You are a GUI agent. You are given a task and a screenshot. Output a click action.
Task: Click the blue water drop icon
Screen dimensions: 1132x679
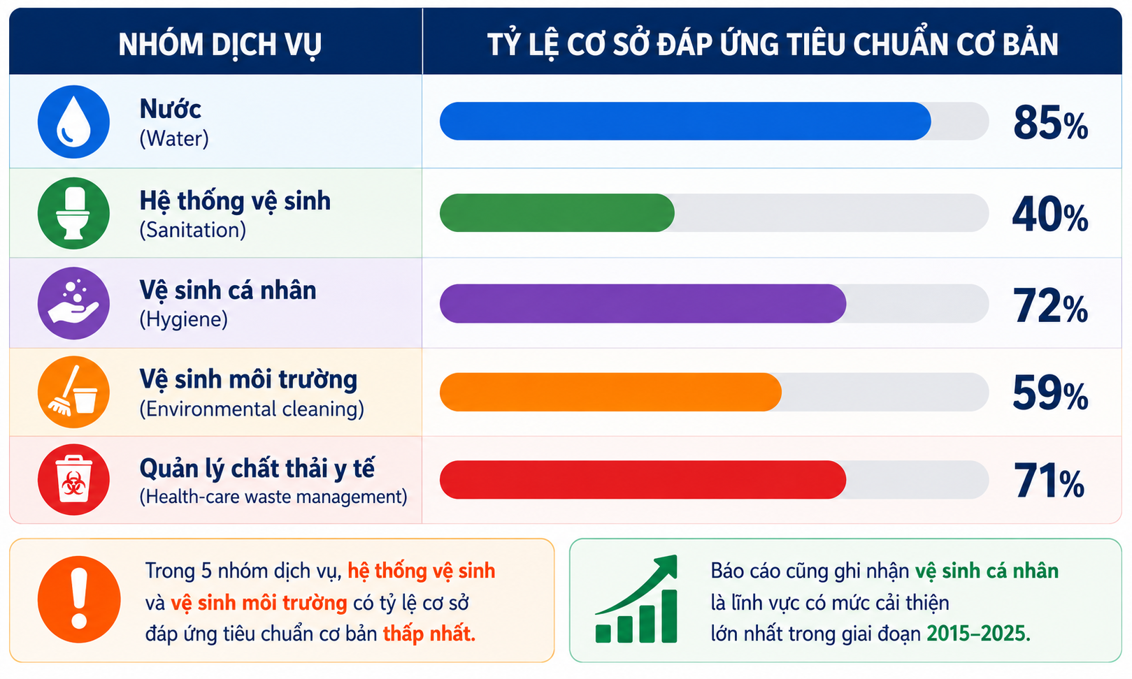(x=73, y=122)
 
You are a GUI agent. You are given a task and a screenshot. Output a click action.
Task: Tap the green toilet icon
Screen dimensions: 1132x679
(x=73, y=213)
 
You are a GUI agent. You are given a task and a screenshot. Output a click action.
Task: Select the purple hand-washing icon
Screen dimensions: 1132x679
(x=73, y=303)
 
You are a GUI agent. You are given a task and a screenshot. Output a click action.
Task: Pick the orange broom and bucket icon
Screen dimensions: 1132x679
(x=73, y=392)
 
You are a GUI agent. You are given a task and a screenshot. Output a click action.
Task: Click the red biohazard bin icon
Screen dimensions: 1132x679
(x=73, y=480)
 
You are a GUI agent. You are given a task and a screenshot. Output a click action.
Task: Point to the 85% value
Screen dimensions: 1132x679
(x=1051, y=123)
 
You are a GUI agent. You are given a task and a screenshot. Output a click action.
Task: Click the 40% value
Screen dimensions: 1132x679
(x=1050, y=214)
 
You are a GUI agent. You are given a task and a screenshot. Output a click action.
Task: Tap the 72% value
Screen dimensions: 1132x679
(x=1050, y=305)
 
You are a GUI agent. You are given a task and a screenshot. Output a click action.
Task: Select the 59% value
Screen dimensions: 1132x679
(x=1050, y=393)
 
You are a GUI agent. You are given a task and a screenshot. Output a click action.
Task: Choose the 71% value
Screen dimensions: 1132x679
(x=1049, y=481)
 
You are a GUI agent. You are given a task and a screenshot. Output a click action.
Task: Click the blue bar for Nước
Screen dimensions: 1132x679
(x=685, y=121)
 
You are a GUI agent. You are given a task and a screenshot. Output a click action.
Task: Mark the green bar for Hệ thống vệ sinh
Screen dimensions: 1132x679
(x=557, y=213)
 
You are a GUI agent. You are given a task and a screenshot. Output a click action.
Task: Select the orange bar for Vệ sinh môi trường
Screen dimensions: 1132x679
(x=610, y=393)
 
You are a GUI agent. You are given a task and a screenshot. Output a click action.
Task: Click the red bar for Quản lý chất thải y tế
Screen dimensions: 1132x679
(x=643, y=480)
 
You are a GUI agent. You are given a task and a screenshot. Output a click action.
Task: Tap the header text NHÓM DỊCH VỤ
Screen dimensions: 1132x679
(x=220, y=45)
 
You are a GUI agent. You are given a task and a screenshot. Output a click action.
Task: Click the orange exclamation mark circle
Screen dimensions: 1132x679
(x=79, y=599)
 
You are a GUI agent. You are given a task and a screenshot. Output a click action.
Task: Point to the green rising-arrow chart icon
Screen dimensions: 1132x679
(x=636, y=599)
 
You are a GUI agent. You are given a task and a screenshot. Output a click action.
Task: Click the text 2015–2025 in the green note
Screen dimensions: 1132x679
(x=978, y=633)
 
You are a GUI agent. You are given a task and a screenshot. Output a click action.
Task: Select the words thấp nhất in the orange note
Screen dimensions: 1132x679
(x=429, y=634)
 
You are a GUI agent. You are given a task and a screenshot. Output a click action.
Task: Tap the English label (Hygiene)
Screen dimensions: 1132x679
(x=183, y=319)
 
